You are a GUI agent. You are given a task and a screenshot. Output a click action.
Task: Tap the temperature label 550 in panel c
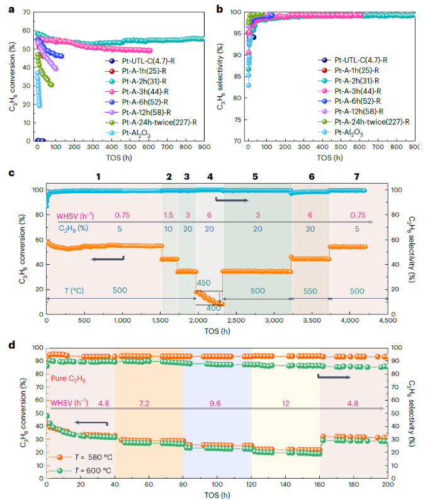[x=311, y=291]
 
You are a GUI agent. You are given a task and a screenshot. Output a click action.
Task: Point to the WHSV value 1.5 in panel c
[x=169, y=214]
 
